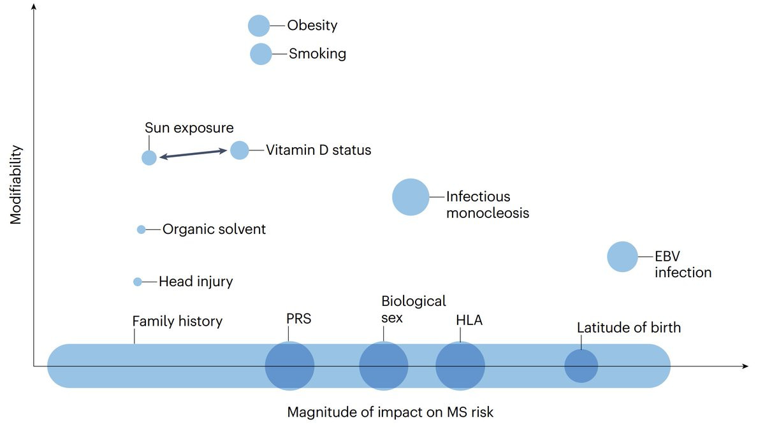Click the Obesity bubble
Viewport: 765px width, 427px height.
[259, 25]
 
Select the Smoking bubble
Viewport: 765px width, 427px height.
[261, 54]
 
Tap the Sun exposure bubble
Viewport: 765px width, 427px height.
[149, 157]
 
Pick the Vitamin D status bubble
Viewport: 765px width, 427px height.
[239, 150]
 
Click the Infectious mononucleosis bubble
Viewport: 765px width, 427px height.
[410, 197]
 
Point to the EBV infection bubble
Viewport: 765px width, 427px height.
[622, 257]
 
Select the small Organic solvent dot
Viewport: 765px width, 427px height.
[142, 229]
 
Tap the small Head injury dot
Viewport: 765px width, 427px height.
[138, 282]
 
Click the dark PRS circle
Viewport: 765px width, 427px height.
[289, 366]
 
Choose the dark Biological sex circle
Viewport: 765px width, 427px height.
[383, 366]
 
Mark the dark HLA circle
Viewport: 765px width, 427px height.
[460, 366]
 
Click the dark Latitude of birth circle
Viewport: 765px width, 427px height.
[581, 366]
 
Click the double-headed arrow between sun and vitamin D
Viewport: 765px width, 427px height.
[193, 154]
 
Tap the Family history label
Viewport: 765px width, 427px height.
[177, 321]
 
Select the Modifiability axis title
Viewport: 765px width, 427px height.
[16, 185]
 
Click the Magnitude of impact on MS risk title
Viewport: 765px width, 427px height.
[390, 412]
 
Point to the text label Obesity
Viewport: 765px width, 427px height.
[312, 25]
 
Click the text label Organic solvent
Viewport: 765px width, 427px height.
[214, 229]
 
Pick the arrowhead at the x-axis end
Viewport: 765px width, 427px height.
[745, 366]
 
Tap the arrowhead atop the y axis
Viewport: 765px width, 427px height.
[33, 6]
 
